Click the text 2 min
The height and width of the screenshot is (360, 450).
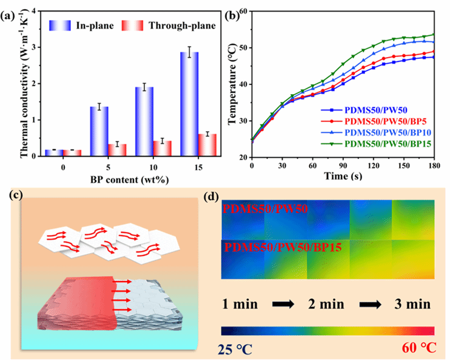[x=329, y=304]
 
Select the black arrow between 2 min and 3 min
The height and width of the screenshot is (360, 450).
[x=372, y=304]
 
